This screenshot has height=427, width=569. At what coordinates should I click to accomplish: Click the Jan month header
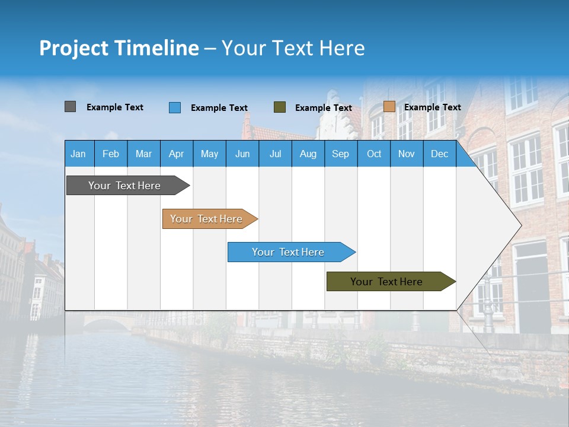click(x=78, y=154)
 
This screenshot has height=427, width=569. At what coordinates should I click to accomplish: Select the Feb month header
click(x=111, y=154)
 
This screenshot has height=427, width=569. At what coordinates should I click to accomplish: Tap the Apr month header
click(x=176, y=154)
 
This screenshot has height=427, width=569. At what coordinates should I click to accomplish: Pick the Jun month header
click(x=242, y=154)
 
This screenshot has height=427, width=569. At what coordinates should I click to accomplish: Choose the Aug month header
click(x=308, y=154)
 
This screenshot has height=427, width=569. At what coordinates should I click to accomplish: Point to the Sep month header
click(x=340, y=154)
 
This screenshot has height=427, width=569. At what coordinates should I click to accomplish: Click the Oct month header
click(x=374, y=154)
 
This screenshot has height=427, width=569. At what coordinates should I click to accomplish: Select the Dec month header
click(x=439, y=154)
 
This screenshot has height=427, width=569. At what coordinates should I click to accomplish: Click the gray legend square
click(x=70, y=107)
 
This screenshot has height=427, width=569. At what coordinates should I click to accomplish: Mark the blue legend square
click(x=175, y=107)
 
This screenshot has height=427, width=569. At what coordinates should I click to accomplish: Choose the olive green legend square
click(x=280, y=107)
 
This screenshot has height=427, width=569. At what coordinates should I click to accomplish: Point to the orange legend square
click(x=389, y=107)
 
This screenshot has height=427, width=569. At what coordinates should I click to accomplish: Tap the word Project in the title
click(x=73, y=48)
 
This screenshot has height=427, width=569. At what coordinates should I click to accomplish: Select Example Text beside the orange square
click(x=432, y=107)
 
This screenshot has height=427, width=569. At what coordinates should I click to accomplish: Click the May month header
click(x=209, y=154)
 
